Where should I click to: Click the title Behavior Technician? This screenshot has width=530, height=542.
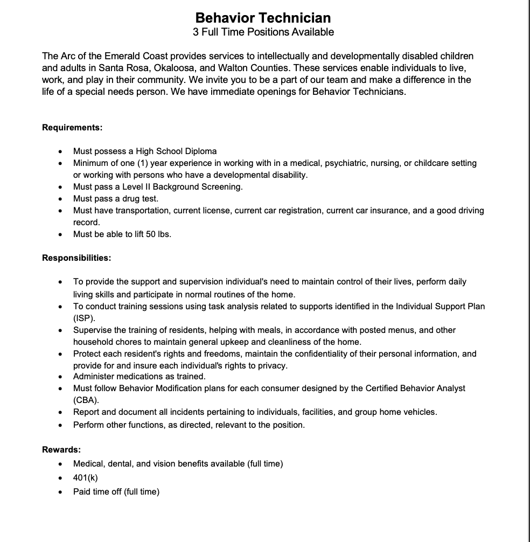tap(263, 18)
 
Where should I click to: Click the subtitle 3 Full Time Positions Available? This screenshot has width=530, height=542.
tap(263, 32)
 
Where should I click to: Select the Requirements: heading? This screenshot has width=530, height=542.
tap(72, 128)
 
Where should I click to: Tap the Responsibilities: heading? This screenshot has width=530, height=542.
tap(76, 258)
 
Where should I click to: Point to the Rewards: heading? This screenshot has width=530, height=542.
tap(61, 449)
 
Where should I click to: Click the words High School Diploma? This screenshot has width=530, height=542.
tap(176, 151)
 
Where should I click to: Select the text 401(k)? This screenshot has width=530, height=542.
tap(86, 478)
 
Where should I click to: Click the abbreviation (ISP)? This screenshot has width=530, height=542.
tap(84, 318)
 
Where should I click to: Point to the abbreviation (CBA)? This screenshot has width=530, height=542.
tap(86, 400)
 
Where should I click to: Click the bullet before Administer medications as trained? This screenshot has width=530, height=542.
tap(61, 377)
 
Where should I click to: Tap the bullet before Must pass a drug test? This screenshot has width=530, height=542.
tap(61, 199)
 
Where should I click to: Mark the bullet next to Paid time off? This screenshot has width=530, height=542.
tap(61, 492)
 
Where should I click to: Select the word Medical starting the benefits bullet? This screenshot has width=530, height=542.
tap(88, 463)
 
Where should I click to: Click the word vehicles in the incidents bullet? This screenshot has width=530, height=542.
tap(420, 412)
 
